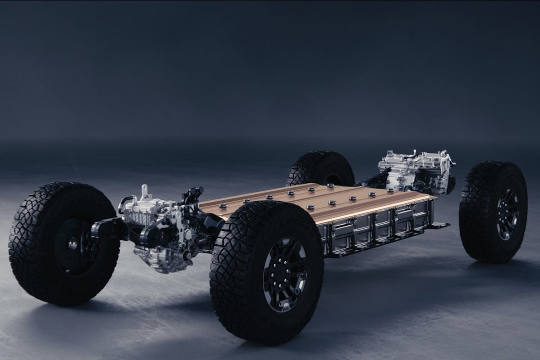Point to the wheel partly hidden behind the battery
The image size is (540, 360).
tap(320, 168)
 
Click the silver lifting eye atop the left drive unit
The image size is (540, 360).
tap(145, 193)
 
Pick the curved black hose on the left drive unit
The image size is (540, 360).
tap(124, 202)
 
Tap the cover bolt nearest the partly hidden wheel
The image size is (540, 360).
tap(330, 185)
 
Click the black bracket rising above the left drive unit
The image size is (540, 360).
tap(189, 198)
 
